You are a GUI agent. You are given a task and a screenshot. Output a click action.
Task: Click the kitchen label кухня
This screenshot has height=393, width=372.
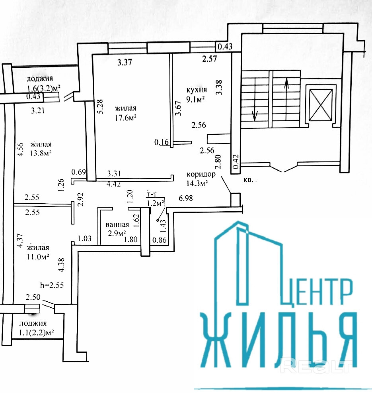pyautogui.click(x=196, y=89)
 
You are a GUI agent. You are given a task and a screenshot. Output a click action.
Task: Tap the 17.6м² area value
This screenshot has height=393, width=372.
pyautogui.click(x=126, y=117)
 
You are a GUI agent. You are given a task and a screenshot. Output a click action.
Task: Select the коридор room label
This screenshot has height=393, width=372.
pyautogui.click(x=201, y=174)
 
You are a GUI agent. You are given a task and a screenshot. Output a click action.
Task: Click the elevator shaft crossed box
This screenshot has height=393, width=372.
pyautogui.click(x=321, y=105)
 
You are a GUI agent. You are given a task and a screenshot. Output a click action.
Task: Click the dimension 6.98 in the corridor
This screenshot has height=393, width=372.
pyautogui.click(x=186, y=198)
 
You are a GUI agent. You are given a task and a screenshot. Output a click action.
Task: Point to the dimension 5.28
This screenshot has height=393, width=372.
pyautogui.click(x=100, y=106)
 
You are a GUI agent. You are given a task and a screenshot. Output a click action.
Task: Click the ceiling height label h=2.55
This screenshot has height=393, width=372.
pyautogui.click(x=52, y=285)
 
